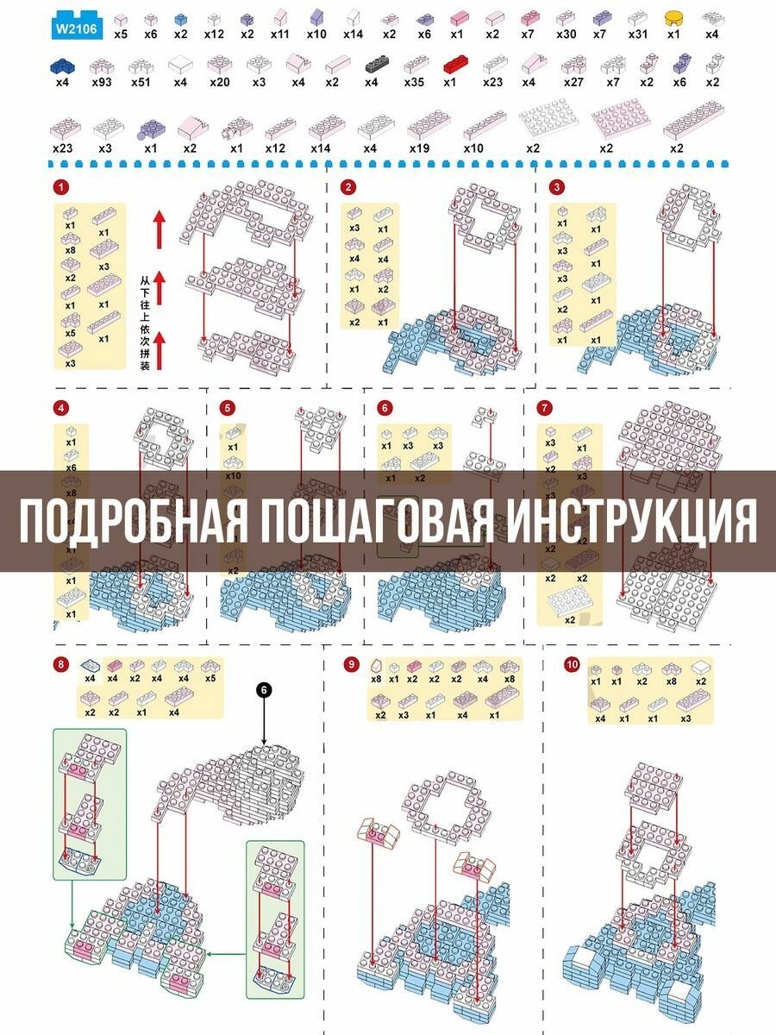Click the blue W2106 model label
click(x=78, y=27)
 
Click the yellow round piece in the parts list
click(x=673, y=16)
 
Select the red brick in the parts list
click(x=454, y=63)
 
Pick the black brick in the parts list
click(x=377, y=63)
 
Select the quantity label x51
click(x=141, y=83)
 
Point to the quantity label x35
click(x=414, y=83)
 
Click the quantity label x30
click(x=566, y=34)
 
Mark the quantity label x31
click(x=638, y=34)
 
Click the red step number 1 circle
click(x=59, y=187)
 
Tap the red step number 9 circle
click(x=350, y=664)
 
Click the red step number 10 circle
click(x=572, y=664)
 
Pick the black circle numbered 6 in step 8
click(x=265, y=689)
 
